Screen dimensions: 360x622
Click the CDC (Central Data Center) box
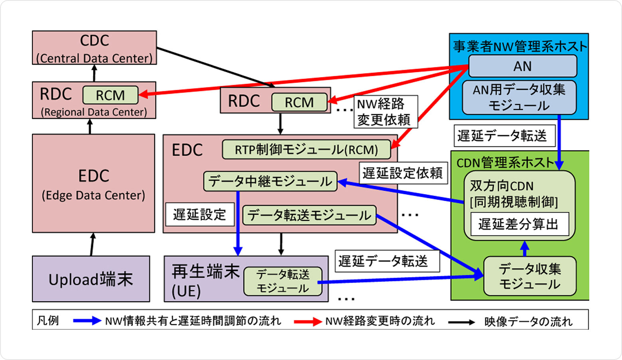tap(94, 48)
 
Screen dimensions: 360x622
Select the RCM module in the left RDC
tap(110, 95)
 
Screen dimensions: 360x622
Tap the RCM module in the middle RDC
tap(299, 102)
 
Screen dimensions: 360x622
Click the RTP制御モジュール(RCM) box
tap(306, 150)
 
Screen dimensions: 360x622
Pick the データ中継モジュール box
tap(270, 181)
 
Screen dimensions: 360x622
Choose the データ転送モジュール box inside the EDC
tap(309, 215)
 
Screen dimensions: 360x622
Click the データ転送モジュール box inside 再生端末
tap(283, 281)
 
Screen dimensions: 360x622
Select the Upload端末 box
tap(91, 279)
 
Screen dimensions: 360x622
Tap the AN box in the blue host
tap(522, 66)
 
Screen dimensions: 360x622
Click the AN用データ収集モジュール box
tap(519, 97)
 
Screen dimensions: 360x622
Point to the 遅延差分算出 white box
tap(519, 224)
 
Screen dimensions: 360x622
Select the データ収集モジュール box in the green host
tap(530, 276)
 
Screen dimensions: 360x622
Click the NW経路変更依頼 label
tap(385, 112)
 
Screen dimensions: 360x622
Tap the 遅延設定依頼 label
tap(402, 173)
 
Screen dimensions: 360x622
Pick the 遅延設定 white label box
tap(199, 215)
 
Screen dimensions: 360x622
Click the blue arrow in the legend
tap(87, 321)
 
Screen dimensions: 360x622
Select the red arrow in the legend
tap(308, 321)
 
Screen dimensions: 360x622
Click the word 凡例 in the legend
tap(48, 321)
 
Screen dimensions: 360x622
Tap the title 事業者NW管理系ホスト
tap(519, 46)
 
